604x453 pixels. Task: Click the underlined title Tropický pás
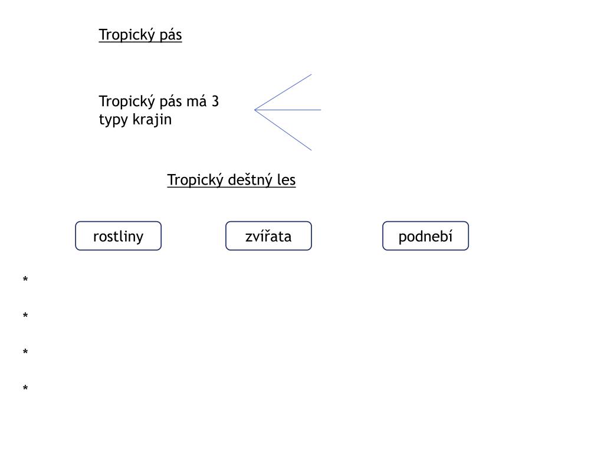(140, 35)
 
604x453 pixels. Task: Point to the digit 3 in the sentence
(215, 101)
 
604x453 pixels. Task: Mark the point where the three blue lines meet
(255, 110)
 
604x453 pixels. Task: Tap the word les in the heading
(286, 180)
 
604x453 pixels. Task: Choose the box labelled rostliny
(118, 236)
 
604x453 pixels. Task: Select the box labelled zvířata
(268, 236)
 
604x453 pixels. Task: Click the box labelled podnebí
(425, 236)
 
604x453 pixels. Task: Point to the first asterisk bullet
(25, 279)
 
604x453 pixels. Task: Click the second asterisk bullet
(25, 316)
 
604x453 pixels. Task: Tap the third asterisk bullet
(25, 352)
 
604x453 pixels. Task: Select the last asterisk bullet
(25, 388)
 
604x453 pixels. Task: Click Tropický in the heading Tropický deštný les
(193, 180)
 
